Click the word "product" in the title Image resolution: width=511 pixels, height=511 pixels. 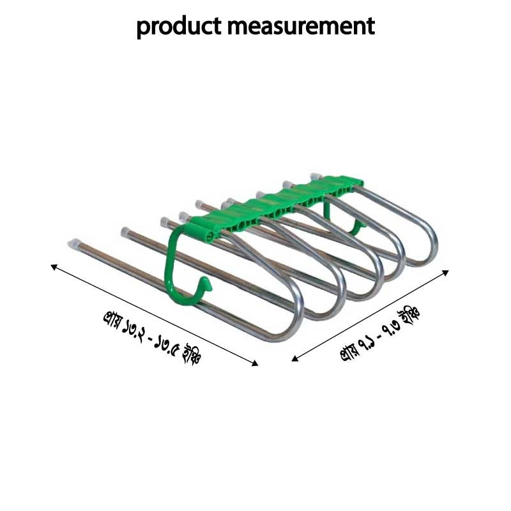tap(178, 27)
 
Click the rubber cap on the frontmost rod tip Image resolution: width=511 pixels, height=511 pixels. tap(73, 242)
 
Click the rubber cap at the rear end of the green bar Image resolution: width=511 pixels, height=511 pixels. tap(316, 174)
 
